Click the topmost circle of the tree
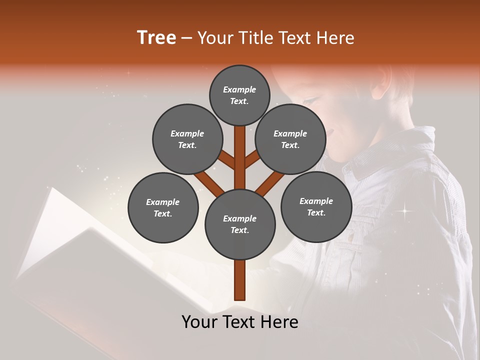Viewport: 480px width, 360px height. [239, 95]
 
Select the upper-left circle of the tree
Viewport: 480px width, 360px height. [187, 139]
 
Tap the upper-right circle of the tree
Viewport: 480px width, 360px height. [290, 139]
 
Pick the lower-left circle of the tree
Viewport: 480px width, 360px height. [163, 207]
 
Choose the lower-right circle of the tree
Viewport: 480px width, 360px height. [316, 206]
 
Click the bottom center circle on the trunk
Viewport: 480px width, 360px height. [240, 224]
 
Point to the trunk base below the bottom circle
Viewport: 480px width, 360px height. [240, 280]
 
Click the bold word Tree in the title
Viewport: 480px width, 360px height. [156, 37]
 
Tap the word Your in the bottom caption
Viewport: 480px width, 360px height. [199, 322]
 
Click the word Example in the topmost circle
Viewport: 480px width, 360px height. [239, 89]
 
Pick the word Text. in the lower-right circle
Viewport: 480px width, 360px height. [316, 212]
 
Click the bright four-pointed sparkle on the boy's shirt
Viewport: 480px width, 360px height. [404, 211]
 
